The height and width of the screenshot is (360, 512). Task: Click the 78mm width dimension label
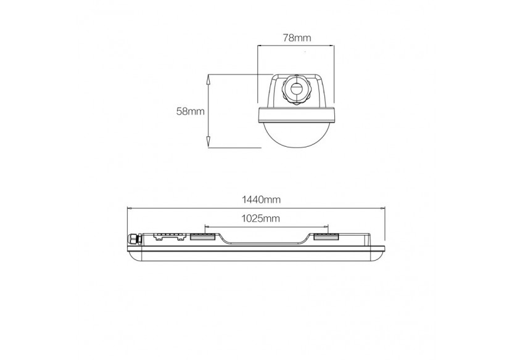tap(295, 38)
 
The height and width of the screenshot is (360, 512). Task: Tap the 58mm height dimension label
tap(190, 112)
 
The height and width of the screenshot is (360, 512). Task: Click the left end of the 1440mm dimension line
tap(127, 208)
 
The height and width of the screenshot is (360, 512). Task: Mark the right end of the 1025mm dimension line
tap(329, 226)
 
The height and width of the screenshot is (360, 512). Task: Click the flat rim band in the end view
tap(296, 114)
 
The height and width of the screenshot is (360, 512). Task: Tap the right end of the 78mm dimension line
tap(334, 46)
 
